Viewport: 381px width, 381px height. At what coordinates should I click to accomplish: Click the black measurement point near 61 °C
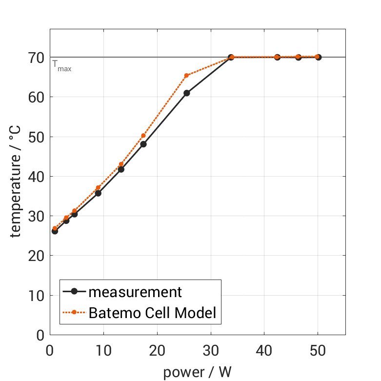[186, 93]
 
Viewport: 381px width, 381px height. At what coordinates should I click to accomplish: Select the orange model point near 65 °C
[186, 76]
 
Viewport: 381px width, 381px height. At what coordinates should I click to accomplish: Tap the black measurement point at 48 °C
[143, 144]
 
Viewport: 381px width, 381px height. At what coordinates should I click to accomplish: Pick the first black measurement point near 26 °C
[55, 231]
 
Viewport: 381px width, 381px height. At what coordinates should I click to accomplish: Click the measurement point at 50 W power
[318, 57]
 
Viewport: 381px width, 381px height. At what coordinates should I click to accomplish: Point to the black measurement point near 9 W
[98, 193]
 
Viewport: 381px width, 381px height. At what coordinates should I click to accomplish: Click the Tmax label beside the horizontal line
[62, 66]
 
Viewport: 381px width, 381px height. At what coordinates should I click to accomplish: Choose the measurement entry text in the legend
[135, 292]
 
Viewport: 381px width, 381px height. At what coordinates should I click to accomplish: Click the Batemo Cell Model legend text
[152, 312]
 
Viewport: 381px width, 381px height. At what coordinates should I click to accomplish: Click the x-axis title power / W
[197, 372]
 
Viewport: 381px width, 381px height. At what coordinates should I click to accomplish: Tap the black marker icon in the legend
[74, 292]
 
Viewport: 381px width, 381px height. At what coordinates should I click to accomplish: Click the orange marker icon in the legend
[74, 312]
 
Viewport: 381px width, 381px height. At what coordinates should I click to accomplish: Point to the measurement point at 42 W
[277, 57]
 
